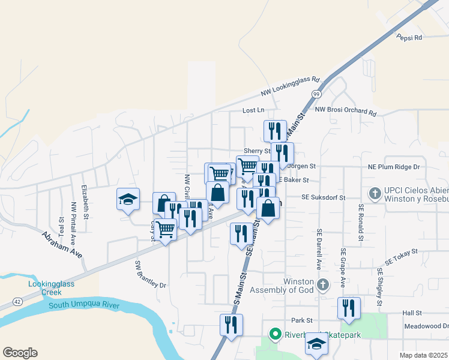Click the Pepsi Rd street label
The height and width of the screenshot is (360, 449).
pyautogui.click(x=409, y=37)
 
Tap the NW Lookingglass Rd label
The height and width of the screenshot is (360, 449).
pyautogui.click(x=291, y=86)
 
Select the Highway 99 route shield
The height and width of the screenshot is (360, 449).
pyautogui.click(x=315, y=94)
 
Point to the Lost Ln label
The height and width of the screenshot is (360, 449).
pyautogui.click(x=253, y=110)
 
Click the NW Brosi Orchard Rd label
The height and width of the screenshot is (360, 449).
pyautogui.click(x=345, y=110)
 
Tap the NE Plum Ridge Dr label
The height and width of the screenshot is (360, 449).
pyautogui.click(x=393, y=166)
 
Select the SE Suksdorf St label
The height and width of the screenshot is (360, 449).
pyautogui.click(x=324, y=197)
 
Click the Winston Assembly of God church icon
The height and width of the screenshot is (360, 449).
pyautogui.click(x=323, y=284)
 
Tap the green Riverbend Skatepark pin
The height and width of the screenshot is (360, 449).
pyautogui.click(x=276, y=334)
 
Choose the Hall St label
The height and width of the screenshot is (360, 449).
pyautogui.click(x=413, y=313)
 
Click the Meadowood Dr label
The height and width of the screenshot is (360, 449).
pyautogui.click(x=426, y=326)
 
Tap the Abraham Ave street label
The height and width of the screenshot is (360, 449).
pyautogui.click(x=62, y=244)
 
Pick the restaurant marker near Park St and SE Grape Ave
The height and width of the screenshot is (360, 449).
pyautogui.click(x=349, y=308)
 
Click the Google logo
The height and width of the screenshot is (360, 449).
pyautogui.click(x=20, y=353)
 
